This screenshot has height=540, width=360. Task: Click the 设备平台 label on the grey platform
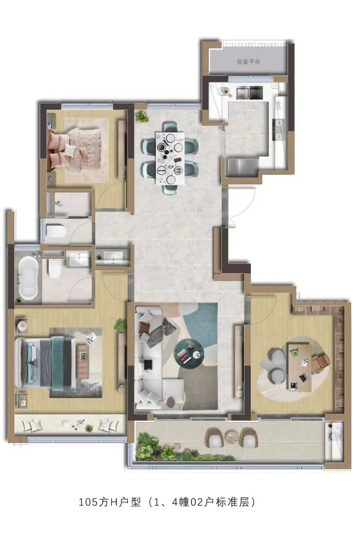248,62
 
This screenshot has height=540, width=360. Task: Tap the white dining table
170,159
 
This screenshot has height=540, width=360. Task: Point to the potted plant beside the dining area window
142,116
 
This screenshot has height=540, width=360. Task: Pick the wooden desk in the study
298,366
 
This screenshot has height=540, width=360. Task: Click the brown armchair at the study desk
320,362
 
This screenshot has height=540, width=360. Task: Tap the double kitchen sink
249,93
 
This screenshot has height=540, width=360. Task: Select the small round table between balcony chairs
232,436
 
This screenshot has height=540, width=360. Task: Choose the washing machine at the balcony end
334,435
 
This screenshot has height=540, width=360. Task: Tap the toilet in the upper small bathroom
56,231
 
